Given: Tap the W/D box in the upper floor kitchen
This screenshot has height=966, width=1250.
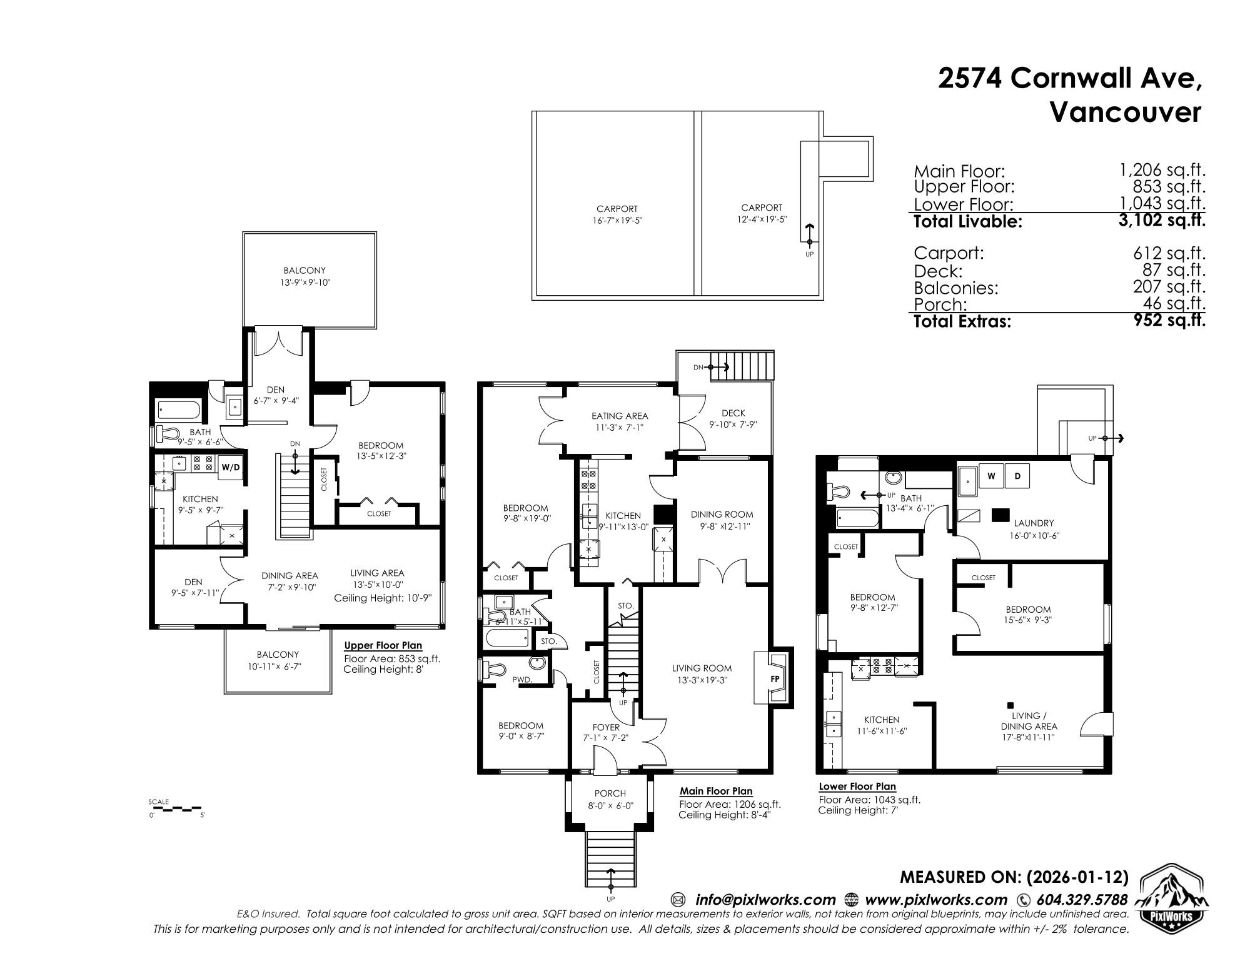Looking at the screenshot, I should [229, 468].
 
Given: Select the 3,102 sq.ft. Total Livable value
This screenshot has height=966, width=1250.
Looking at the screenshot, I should [1162, 220].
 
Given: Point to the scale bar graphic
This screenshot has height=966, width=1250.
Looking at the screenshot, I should [177, 808].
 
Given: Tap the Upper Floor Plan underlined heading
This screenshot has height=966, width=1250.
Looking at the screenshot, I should [383, 646].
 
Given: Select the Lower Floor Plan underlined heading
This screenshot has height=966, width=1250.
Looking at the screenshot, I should [857, 787].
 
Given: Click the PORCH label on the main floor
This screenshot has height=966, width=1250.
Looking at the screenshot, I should [610, 793].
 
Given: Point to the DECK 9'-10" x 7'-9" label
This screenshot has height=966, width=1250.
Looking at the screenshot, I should [733, 418].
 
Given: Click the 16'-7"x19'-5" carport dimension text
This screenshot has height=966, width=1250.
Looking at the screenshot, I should [617, 220].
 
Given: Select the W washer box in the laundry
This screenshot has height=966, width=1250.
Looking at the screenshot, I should [991, 476].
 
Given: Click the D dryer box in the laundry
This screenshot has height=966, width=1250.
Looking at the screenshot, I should [1017, 476].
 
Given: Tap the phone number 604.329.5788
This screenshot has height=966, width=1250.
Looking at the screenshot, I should [1081, 900].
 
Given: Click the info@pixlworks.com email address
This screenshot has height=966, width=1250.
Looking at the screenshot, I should [765, 900].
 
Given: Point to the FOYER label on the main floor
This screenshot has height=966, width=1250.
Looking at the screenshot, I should [605, 727].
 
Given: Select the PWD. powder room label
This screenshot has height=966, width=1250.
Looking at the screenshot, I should [521, 679].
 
